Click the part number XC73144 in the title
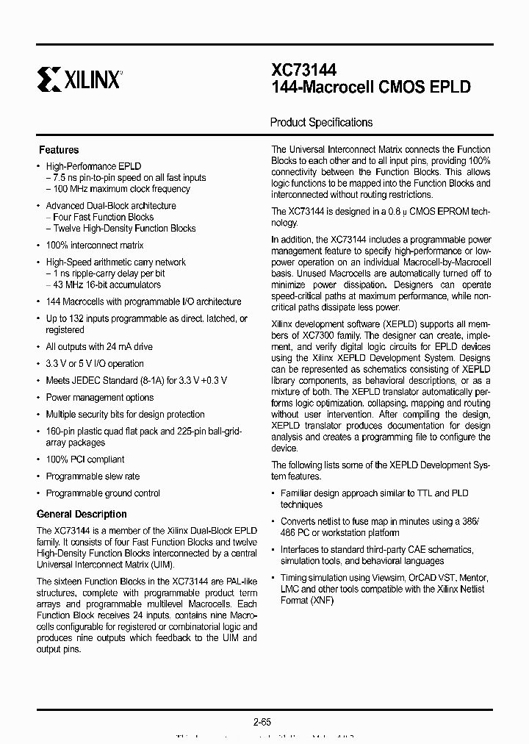pyautogui.click(x=304, y=71)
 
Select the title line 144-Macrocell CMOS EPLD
pyautogui.click(x=371, y=87)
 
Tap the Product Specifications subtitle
pyautogui.click(x=321, y=123)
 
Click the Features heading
pyautogui.click(x=59, y=150)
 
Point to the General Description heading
pyautogui.click(x=82, y=515)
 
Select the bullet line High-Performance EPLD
pyautogui.click(x=93, y=167)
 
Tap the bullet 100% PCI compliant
pyautogui.click(x=84, y=459)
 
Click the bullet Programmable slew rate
pyautogui.click(x=93, y=476)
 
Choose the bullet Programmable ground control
pyautogui.click(x=103, y=493)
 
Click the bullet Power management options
pyautogui.click(x=100, y=398)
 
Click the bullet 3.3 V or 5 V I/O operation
pyautogui.click(x=95, y=363)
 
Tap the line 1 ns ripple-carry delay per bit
pyautogui.click(x=108, y=273)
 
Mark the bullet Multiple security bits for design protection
pyautogui.click(x=125, y=415)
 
